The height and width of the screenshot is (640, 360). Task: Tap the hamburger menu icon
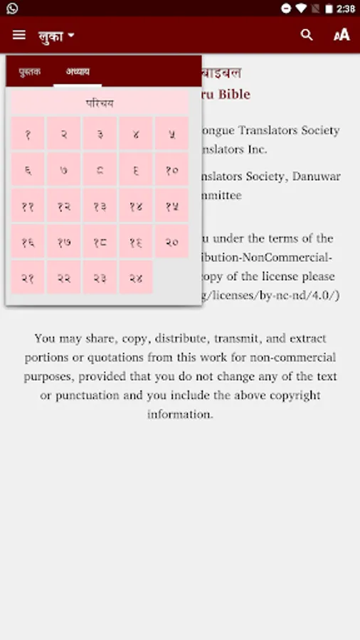[x=19, y=35]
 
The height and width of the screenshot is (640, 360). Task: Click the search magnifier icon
[x=307, y=35]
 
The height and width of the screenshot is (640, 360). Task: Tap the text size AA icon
[x=342, y=35]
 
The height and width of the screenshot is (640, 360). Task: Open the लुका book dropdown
[x=56, y=36]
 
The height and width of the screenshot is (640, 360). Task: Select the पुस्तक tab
[x=30, y=72]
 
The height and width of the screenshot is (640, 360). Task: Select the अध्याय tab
[x=78, y=72]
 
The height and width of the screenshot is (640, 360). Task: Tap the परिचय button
[x=100, y=104]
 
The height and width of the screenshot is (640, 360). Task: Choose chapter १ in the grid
[x=28, y=134]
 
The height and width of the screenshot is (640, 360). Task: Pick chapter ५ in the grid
[x=171, y=134]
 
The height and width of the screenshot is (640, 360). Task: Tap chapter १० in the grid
[x=171, y=170]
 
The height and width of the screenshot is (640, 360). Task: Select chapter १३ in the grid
[x=100, y=206]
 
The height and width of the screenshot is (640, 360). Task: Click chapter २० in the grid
[x=171, y=242]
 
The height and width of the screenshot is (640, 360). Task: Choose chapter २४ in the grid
[x=136, y=278]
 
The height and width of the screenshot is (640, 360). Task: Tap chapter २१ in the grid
[x=28, y=278]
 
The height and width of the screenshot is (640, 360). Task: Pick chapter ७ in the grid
[x=64, y=170]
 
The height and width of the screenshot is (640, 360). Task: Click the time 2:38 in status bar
[x=345, y=9]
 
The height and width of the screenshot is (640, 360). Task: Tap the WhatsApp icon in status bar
[x=11, y=9]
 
